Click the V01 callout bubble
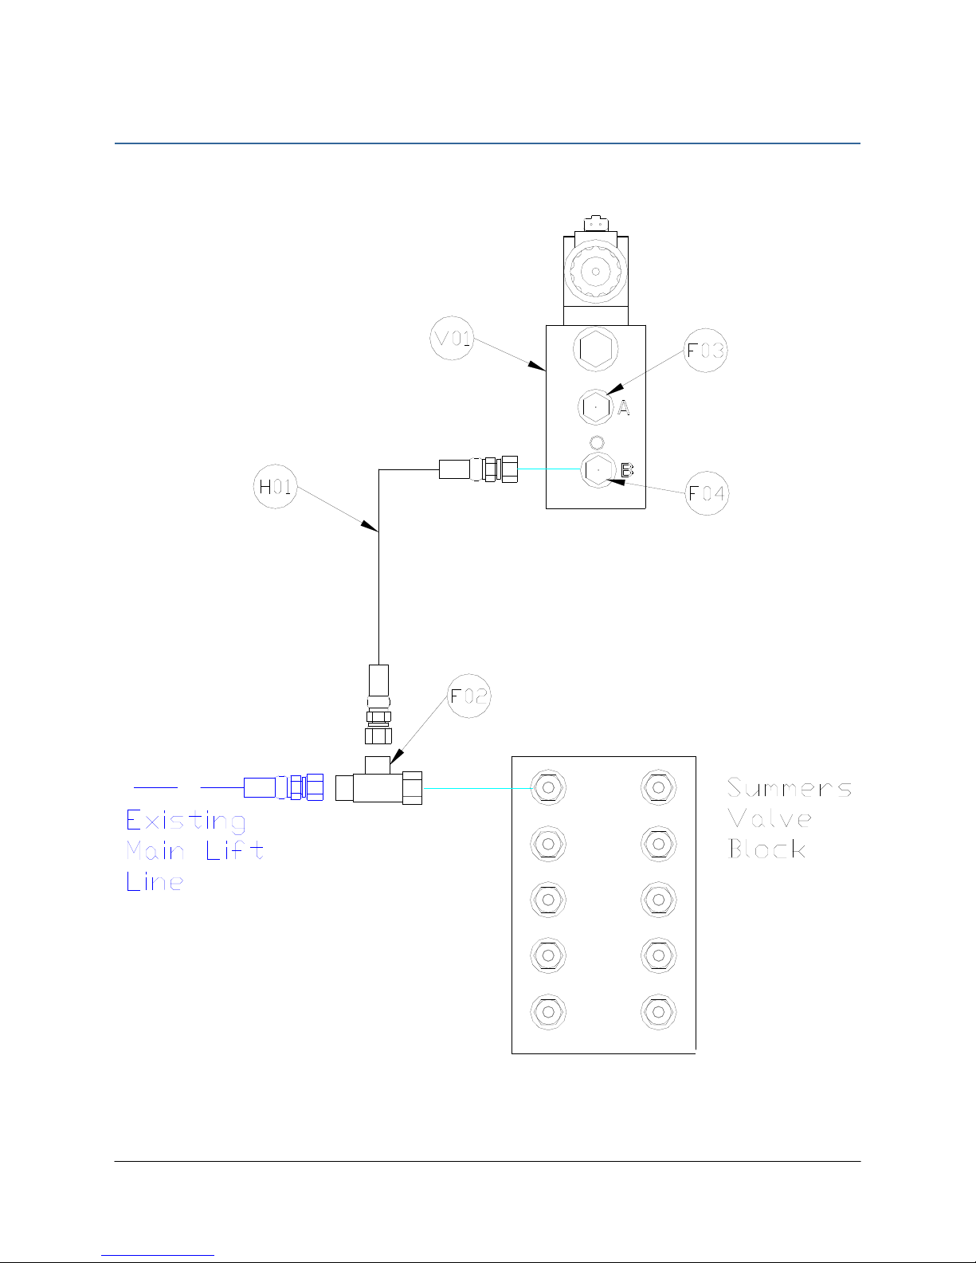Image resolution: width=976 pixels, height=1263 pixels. (452, 339)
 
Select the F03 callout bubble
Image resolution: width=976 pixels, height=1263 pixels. (706, 351)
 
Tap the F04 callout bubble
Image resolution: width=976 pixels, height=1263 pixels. (707, 493)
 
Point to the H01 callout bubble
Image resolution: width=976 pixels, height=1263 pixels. (276, 486)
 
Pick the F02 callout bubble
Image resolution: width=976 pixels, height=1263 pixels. (468, 696)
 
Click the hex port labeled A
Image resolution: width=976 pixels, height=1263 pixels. (595, 407)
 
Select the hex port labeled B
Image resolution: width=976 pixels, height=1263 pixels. (598, 470)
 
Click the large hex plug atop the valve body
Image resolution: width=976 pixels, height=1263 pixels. (595, 349)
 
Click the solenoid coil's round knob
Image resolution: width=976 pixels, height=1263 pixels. (594, 271)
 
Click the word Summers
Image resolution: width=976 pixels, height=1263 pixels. (789, 788)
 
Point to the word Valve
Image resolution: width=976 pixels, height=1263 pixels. (770, 818)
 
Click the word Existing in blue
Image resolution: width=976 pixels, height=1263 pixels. (186, 821)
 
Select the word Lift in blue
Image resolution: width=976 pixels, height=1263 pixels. (234, 851)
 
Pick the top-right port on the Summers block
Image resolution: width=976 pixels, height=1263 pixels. (658, 787)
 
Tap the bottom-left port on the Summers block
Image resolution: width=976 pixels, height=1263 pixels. (548, 1012)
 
